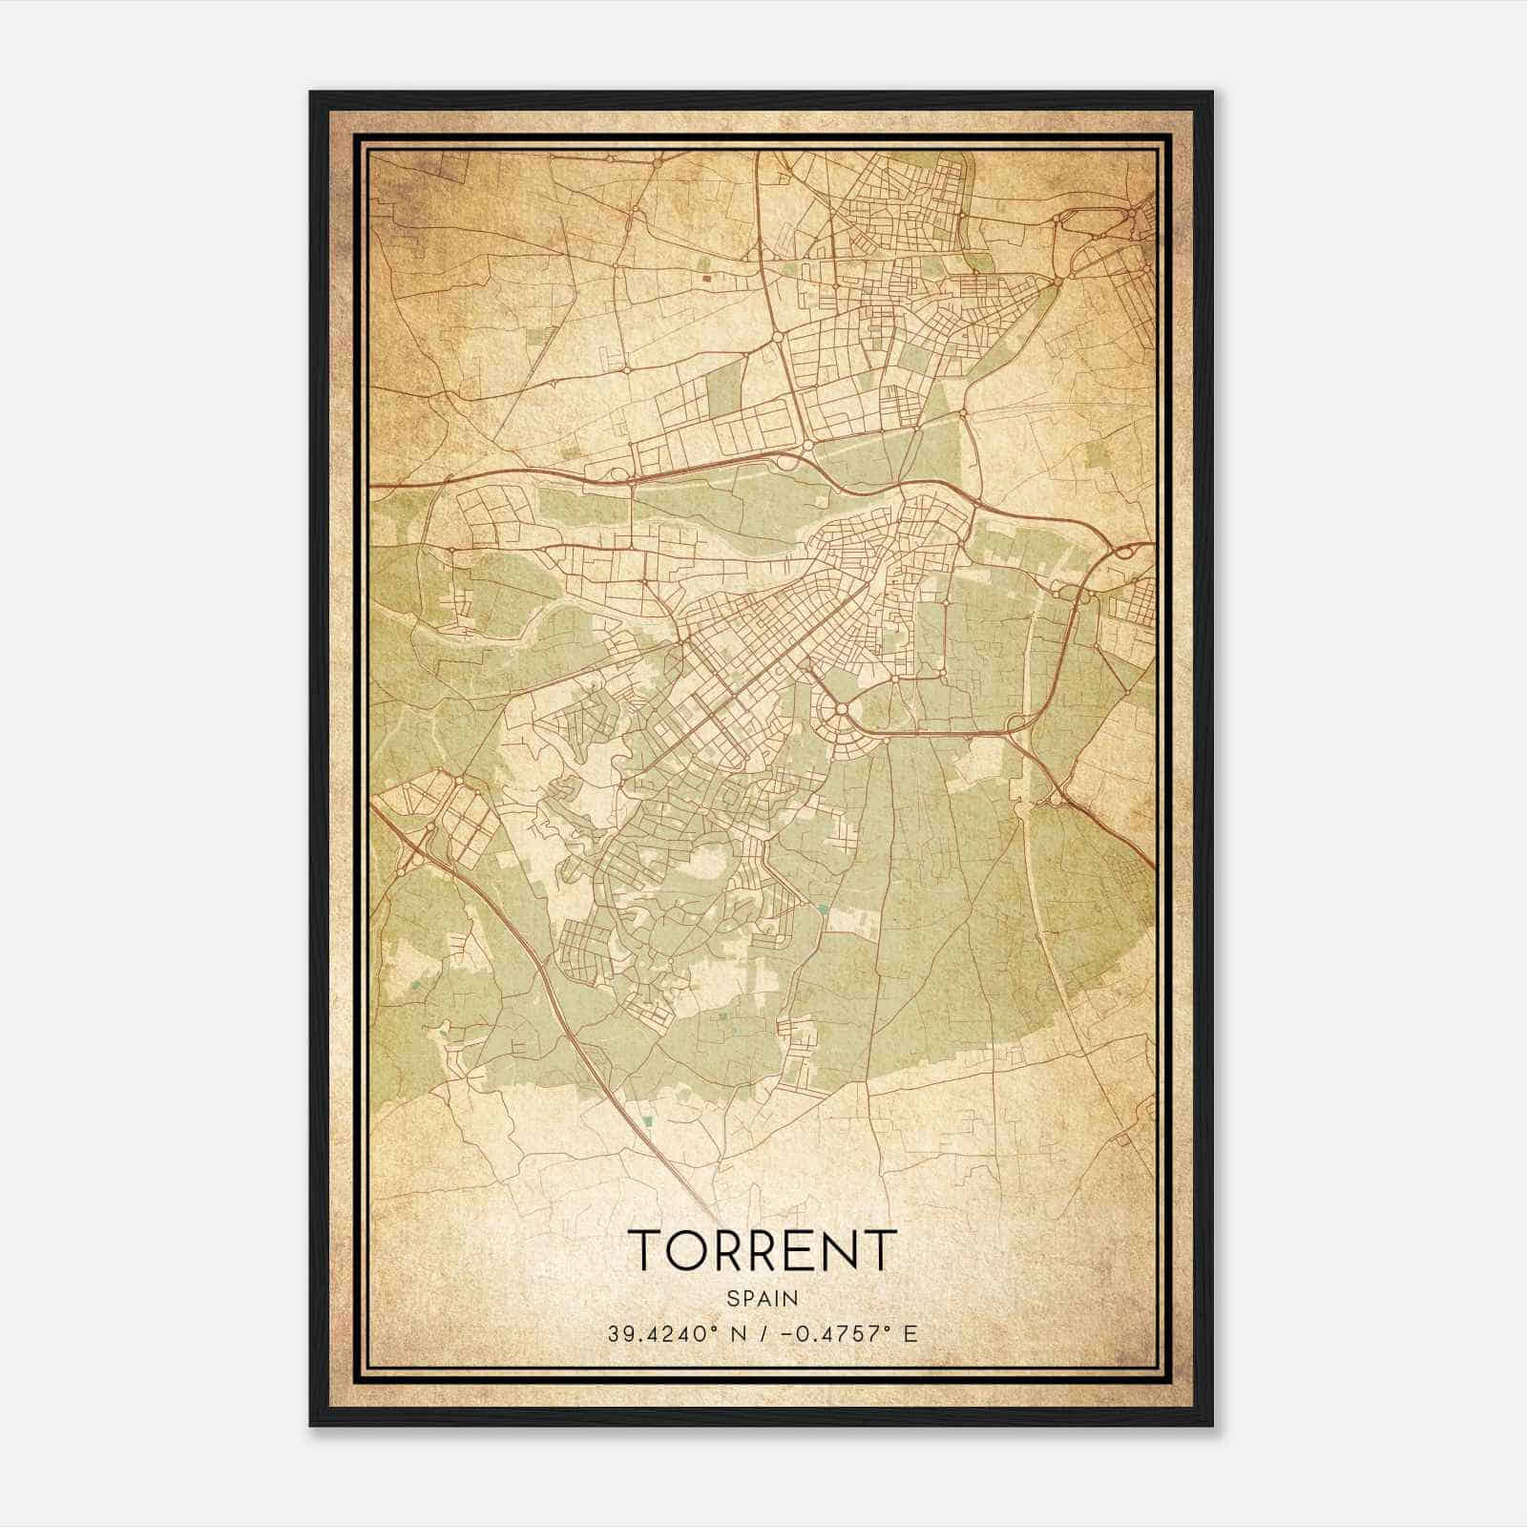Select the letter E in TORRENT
point(801,1250)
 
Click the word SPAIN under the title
point(762,1298)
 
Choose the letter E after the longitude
point(910,1333)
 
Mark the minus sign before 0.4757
point(785,1333)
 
